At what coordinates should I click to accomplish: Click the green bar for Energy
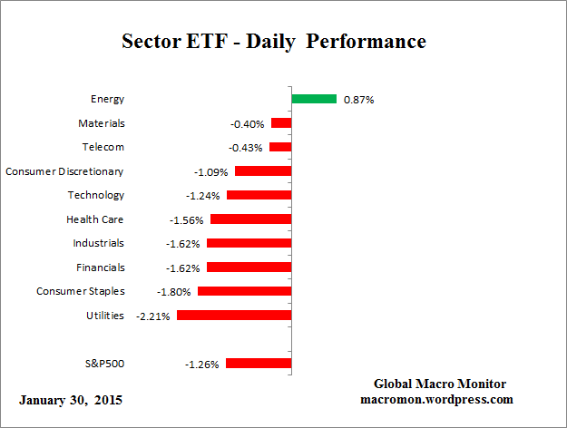point(314,99)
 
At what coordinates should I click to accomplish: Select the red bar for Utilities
point(234,316)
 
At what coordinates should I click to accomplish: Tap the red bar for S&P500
point(259,364)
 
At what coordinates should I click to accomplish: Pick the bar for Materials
point(281,123)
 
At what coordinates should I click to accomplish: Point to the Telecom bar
point(280,147)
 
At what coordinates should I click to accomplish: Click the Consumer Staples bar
point(244,291)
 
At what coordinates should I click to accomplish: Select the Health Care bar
point(250,219)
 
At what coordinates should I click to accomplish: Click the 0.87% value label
point(358,100)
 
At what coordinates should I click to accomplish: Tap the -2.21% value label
point(152,316)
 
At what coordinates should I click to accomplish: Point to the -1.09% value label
point(211,171)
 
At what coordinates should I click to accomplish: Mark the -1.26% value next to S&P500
point(201,365)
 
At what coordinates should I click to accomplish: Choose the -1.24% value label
point(204,195)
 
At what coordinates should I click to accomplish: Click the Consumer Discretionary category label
point(64,170)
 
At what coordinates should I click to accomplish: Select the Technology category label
point(95,195)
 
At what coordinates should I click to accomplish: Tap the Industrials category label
point(99,243)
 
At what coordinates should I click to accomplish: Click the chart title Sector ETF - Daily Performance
point(274,42)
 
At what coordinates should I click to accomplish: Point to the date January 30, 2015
point(70,400)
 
